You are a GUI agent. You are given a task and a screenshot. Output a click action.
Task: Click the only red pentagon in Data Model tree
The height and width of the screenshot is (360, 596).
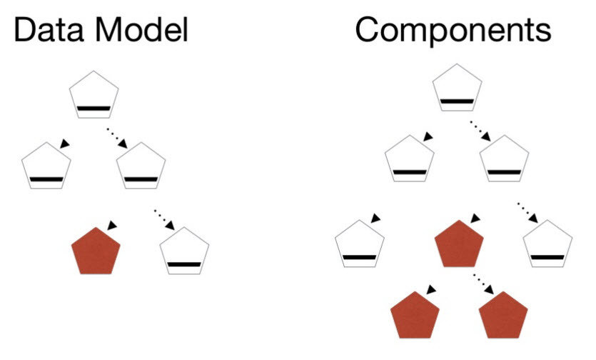click(96, 251)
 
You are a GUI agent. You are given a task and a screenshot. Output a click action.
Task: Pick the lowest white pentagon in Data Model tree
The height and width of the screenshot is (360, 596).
click(184, 251)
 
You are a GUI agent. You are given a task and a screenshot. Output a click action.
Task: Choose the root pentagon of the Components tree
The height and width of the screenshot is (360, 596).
click(458, 90)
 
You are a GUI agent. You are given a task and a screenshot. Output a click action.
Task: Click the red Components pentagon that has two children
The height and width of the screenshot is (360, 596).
click(460, 244)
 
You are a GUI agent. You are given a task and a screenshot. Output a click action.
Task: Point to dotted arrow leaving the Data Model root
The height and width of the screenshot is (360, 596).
click(118, 138)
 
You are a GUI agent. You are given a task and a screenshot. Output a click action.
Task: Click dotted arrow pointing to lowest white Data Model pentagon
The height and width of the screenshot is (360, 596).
click(163, 219)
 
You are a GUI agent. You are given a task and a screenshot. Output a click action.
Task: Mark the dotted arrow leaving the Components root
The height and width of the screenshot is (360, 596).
click(482, 131)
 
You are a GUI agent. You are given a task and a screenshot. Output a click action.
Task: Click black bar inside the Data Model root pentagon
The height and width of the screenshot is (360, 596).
click(94, 109)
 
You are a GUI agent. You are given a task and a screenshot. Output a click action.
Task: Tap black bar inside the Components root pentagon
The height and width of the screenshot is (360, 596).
click(458, 102)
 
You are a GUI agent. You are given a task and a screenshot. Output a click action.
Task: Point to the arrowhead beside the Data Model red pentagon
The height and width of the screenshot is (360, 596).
click(111, 225)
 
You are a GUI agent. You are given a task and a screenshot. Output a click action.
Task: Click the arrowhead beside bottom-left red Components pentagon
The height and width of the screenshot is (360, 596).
click(430, 290)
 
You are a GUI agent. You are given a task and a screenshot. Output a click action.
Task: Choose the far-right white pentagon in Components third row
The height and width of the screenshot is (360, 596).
click(548, 244)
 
